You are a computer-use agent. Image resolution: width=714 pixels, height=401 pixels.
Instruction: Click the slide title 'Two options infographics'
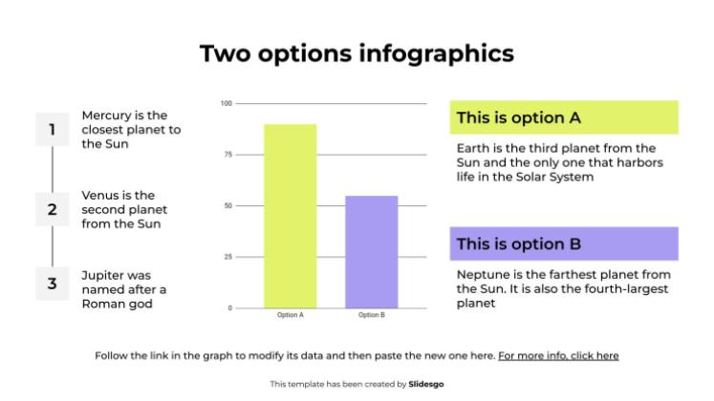[357, 53]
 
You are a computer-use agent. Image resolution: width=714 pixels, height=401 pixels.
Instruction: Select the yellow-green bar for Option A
[290, 216]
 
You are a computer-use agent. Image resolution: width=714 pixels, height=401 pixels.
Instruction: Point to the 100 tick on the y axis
[227, 103]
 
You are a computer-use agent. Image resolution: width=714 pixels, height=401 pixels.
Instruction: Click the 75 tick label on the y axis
[227, 155]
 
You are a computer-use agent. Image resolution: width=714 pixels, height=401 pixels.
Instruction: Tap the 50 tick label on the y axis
[227, 205]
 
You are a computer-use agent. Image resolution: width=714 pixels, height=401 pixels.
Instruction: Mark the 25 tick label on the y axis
[227, 257]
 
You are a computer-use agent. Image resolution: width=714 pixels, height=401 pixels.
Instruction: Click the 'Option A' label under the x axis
[290, 315]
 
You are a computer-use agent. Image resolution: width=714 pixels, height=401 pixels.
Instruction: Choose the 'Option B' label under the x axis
[371, 315]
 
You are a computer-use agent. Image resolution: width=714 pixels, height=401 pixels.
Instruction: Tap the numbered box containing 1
[52, 130]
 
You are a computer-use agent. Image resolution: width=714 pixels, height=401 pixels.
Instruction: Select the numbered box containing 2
[52, 208]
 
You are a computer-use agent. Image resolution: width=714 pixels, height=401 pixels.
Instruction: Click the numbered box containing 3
[52, 284]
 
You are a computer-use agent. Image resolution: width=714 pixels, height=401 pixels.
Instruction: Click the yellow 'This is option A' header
[563, 118]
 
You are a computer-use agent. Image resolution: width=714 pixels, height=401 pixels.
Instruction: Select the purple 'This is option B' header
[563, 243]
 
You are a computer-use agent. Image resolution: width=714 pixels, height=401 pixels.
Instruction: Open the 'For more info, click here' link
[558, 355]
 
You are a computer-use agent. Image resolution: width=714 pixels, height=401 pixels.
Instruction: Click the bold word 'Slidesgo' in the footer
[426, 384]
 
